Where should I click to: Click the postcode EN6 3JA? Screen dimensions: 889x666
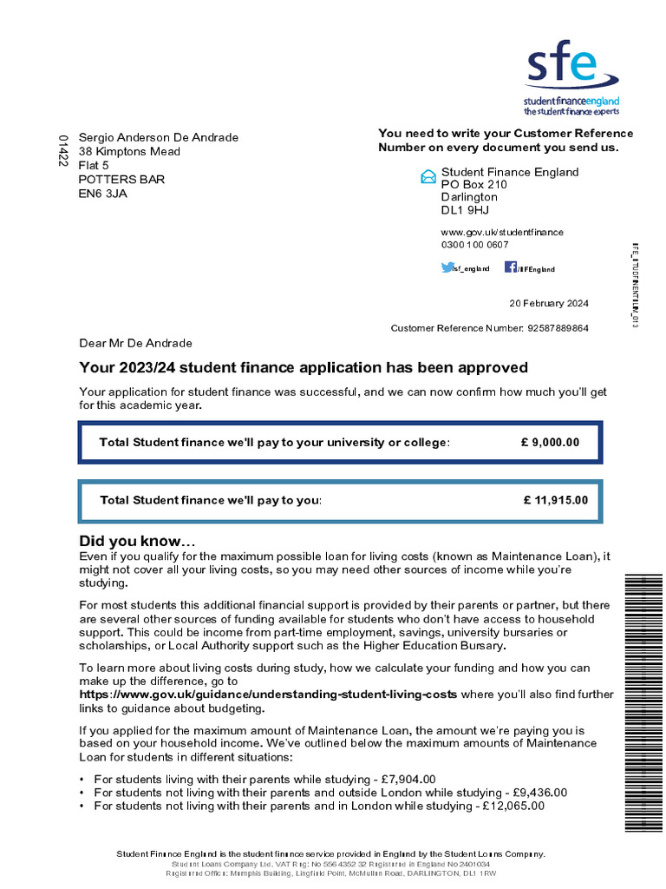103,194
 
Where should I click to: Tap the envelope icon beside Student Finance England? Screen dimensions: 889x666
428,177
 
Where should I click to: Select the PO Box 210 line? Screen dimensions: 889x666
473,185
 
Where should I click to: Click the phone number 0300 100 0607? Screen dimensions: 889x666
474,245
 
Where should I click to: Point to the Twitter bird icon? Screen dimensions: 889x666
447,268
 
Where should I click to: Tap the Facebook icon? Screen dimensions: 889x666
511,267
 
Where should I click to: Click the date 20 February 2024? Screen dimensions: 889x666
549,303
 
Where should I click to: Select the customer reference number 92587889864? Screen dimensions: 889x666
558,328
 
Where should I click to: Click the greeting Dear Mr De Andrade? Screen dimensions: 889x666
135,344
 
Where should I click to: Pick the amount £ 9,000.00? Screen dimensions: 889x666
550,443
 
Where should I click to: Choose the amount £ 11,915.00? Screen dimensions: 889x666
555,500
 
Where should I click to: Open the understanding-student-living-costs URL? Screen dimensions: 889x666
268,695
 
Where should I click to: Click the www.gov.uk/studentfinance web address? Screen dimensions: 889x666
502,232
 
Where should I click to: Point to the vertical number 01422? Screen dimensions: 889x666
62,150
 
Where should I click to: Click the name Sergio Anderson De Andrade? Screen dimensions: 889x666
159,138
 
